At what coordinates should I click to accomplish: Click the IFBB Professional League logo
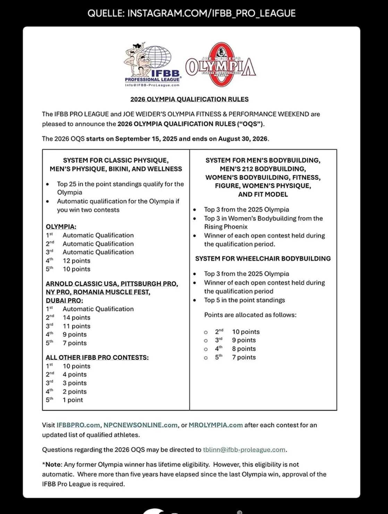[x=152, y=65]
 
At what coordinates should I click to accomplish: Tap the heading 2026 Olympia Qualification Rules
[x=189, y=99]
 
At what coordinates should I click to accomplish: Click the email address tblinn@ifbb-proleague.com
[x=244, y=450]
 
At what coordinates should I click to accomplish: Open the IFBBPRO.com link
[x=78, y=425]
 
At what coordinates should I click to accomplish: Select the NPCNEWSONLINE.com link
[x=140, y=425]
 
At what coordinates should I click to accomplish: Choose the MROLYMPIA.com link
[x=216, y=425]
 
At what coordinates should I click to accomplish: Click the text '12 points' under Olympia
[x=76, y=261]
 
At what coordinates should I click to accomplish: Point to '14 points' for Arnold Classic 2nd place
[x=76, y=318]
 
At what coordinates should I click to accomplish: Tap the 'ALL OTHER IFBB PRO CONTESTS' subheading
[x=97, y=358]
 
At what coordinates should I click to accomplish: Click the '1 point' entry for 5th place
[x=73, y=400]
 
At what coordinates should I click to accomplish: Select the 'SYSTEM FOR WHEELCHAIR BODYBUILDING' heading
[x=263, y=259]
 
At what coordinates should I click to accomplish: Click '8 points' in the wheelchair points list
[x=244, y=349]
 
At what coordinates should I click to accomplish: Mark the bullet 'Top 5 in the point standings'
[x=244, y=300]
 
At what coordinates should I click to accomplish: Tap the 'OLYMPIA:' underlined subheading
[x=61, y=227]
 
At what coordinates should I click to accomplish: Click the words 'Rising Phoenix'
[x=226, y=227]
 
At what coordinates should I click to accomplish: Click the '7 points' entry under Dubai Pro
[x=75, y=343]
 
